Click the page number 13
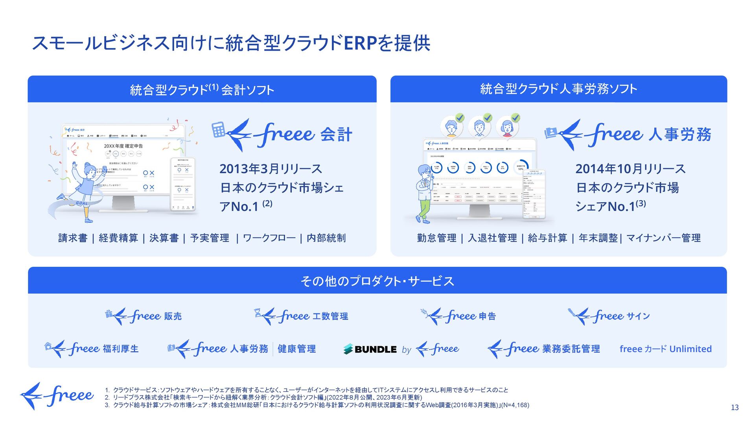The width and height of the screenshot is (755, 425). click(x=735, y=408)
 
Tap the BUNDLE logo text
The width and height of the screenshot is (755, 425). click(x=375, y=349)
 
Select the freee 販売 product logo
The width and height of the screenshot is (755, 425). click(x=144, y=316)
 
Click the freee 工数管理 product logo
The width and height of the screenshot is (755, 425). click(x=301, y=316)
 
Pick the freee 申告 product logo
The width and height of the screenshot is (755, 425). click(x=458, y=316)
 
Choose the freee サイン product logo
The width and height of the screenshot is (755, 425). click(x=609, y=316)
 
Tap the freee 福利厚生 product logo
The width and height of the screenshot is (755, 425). click(x=92, y=349)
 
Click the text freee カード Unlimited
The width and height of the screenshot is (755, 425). click(x=665, y=349)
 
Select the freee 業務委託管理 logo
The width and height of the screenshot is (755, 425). click(x=543, y=349)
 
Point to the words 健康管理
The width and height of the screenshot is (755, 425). click(x=296, y=349)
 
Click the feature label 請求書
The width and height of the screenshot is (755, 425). click(x=73, y=238)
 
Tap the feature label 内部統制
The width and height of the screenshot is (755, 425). click(x=326, y=238)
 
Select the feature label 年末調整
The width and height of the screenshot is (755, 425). click(x=598, y=238)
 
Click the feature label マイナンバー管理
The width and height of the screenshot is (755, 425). click(x=663, y=238)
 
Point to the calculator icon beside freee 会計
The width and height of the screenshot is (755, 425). click(x=218, y=129)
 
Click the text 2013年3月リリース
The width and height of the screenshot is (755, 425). click(x=271, y=169)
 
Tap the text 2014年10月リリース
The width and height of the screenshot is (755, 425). click(x=630, y=169)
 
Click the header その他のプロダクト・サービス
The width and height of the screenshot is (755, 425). click(x=377, y=281)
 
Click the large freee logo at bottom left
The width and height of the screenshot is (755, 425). click(x=57, y=396)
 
